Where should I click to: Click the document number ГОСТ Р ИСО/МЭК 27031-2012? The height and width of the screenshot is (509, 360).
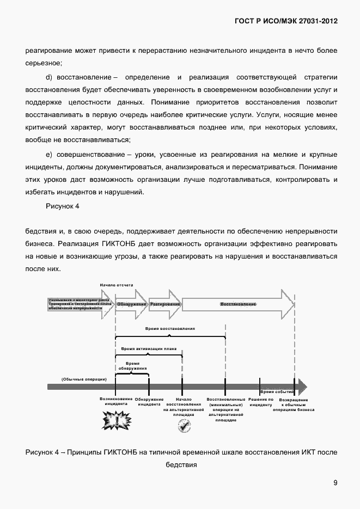286,21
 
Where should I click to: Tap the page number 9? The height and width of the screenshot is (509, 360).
335,482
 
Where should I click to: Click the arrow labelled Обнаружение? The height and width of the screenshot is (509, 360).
131,303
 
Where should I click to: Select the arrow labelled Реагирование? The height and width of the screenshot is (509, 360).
165,303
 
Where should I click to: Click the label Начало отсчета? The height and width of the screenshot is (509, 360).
116,285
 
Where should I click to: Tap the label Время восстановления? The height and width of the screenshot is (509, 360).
170,329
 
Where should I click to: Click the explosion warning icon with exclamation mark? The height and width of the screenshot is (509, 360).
117,420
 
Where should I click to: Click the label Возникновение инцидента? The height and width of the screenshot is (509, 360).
116,402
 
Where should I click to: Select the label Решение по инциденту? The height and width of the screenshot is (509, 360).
261,402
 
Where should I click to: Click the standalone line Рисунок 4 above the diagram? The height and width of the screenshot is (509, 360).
62,207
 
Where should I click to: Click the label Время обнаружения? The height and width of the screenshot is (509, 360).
132,366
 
